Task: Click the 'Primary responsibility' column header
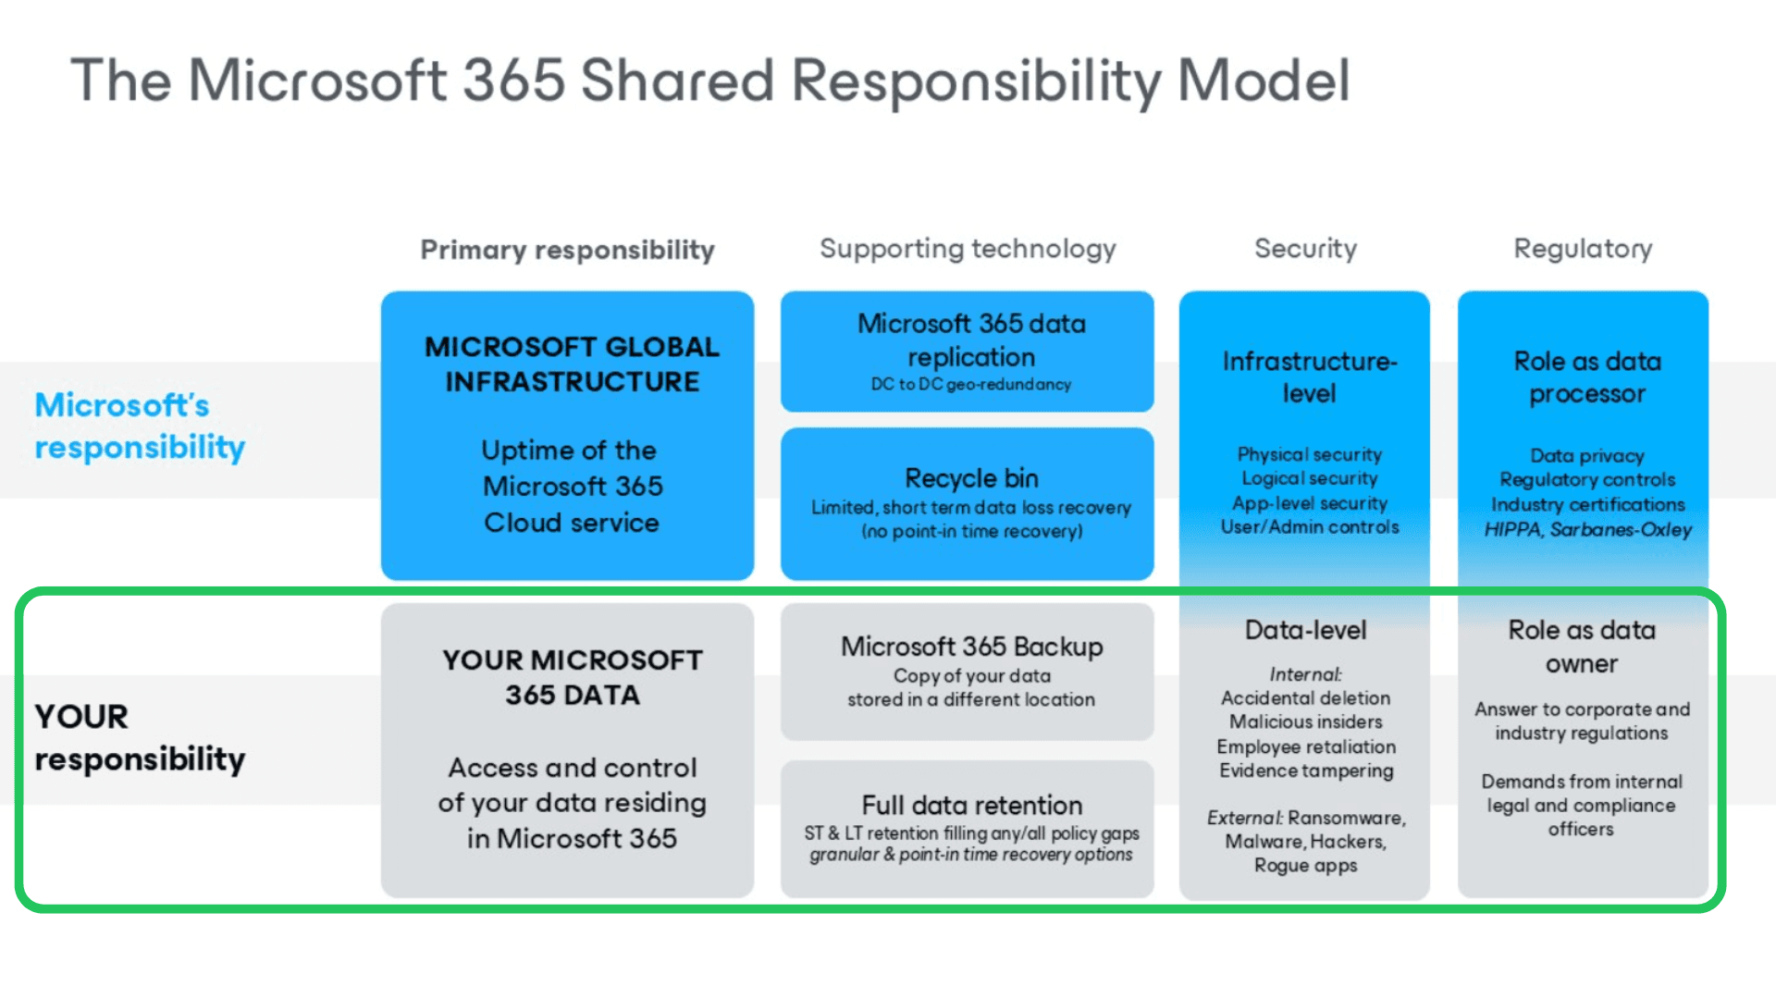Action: (567, 250)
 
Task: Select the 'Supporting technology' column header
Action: (968, 249)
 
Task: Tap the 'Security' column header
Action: (1305, 248)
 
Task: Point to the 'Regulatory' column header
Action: (1583, 248)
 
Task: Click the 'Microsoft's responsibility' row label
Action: (140, 425)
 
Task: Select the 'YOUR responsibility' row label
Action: (140, 737)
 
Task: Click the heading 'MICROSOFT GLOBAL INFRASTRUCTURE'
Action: (572, 364)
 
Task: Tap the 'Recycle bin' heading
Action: (971, 478)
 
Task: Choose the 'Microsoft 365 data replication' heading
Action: (971, 339)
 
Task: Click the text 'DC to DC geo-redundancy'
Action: (970, 384)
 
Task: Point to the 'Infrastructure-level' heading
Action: (1309, 376)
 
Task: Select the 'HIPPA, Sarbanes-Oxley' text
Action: (1587, 529)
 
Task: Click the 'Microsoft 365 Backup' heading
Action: (971, 646)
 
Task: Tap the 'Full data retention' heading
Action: (971, 805)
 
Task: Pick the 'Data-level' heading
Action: (1305, 630)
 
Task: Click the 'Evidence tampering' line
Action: (1305, 771)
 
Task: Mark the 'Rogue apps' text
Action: (1305, 866)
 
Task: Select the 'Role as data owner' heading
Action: (1582, 647)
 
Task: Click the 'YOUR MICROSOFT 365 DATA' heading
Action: (572, 677)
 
